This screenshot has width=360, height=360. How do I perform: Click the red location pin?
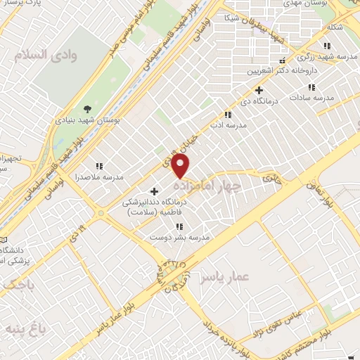(x=181, y=167)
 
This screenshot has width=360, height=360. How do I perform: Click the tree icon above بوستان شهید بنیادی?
(x=87, y=109)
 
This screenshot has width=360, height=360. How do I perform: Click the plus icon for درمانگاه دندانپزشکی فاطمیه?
(x=155, y=191)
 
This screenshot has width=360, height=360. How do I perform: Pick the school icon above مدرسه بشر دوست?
(x=179, y=226)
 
